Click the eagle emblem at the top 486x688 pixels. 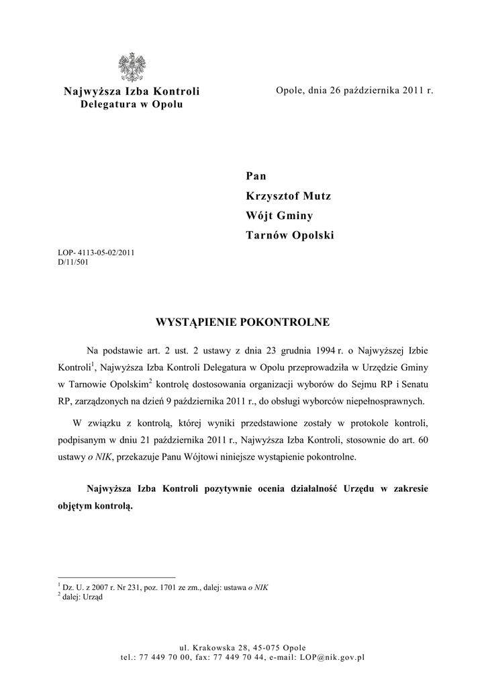point(132,67)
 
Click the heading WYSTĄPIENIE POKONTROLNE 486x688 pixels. point(242,322)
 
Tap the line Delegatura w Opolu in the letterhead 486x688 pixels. point(131,105)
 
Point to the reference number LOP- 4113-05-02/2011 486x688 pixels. point(97,254)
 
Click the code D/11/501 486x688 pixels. point(74,263)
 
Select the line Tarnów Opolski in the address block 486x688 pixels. point(289,235)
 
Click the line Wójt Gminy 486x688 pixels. point(279,216)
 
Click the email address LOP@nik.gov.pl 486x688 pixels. point(332,657)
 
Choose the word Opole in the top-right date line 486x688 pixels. point(289,90)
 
